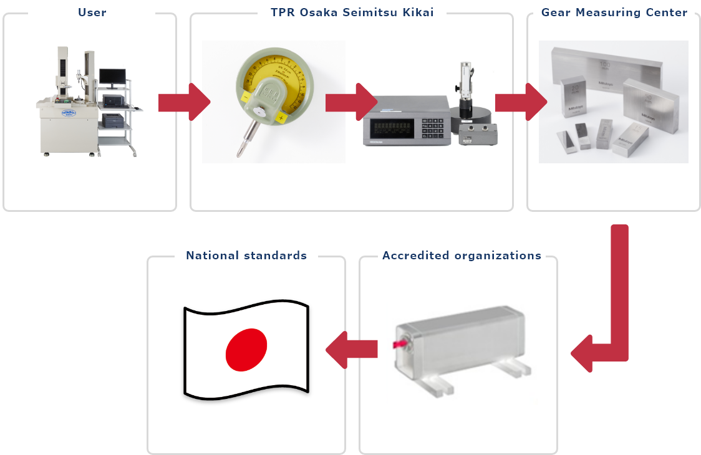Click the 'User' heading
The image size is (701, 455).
(x=92, y=12)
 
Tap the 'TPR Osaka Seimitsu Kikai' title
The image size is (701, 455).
(x=352, y=12)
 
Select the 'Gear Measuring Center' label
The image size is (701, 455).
(x=614, y=12)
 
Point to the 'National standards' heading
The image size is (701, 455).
(x=246, y=256)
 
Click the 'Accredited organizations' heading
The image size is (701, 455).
(x=462, y=256)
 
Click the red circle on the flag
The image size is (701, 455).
(x=246, y=348)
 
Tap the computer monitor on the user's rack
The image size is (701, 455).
(x=112, y=77)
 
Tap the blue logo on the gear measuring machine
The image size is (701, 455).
(x=55, y=111)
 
